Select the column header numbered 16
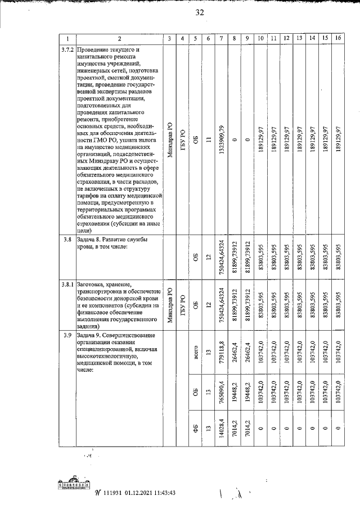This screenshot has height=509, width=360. [337, 38]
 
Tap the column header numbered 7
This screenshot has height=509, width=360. [222, 38]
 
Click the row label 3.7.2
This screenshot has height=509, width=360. [67, 49]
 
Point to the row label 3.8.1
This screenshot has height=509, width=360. [67, 285]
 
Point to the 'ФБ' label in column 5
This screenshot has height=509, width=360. [194, 435]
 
